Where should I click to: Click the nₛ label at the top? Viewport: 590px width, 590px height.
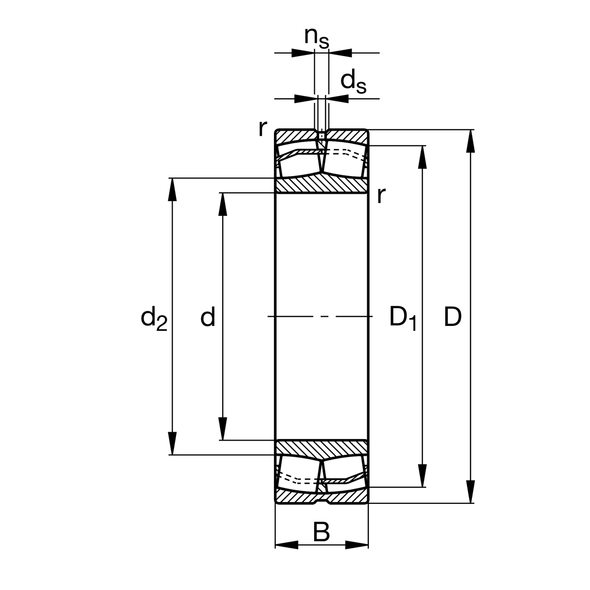(x=318, y=39)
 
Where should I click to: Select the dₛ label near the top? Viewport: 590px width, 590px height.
(x=352, y=81)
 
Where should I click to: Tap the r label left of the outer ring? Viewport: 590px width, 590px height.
(x=262, y=128)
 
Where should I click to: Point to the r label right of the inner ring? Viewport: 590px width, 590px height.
(x=382, y=194)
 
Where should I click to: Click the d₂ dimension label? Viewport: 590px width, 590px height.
(x=153, y=319)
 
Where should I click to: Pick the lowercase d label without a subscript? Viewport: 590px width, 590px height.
(x=208, y=319)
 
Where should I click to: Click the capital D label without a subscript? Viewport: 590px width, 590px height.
(x=452, y=319)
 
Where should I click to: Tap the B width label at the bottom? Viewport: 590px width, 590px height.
(x=321, y=532)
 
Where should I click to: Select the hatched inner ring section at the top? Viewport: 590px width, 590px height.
(x=322, y=186)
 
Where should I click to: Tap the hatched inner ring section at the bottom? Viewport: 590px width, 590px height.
(x=322, y=447)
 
